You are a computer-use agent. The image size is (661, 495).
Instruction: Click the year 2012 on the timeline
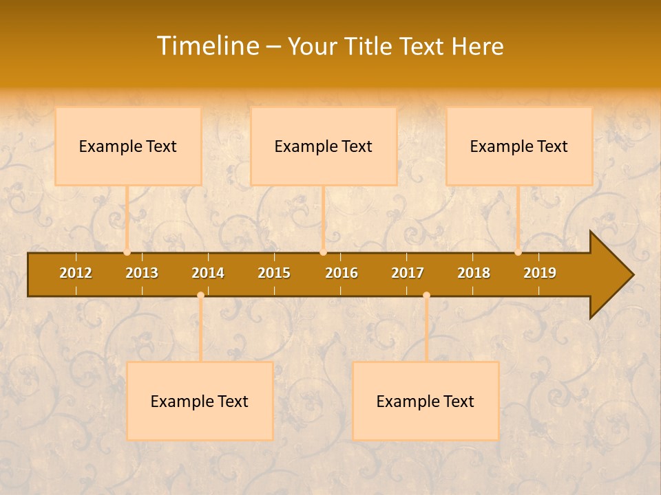tap(76, 273)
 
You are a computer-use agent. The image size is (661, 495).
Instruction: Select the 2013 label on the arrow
tap(142, 273)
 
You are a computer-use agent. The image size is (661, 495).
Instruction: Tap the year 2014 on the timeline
tap(208, 273)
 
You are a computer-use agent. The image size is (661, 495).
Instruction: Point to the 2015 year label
tap(274, 273)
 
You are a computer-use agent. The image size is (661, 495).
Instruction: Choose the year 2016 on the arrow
tap(342, 273)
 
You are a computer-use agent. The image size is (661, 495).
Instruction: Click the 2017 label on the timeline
tap(408, 273)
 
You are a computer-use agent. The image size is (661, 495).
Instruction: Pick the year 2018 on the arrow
tap(474, 273)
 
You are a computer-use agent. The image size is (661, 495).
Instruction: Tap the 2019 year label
tap(540, 273)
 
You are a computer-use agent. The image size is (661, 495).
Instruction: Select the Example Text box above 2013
tap(128, 146)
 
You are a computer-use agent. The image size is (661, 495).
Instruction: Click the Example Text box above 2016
tap(324, 146)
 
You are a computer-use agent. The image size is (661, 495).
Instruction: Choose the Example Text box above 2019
tap(519, 146)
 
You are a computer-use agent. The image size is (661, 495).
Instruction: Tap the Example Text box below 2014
tap(200, 401)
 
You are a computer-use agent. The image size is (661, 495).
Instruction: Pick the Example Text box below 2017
tap(426, 401)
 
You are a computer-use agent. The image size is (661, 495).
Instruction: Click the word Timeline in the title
tap(207, 46)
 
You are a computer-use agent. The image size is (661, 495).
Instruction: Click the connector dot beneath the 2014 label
tap(200, 296)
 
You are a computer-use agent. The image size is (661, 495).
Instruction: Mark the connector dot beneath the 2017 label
tap(426, 296)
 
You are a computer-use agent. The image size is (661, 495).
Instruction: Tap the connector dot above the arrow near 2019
tap(518, 252)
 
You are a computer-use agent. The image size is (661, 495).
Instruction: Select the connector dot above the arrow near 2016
tap(323, 252)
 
